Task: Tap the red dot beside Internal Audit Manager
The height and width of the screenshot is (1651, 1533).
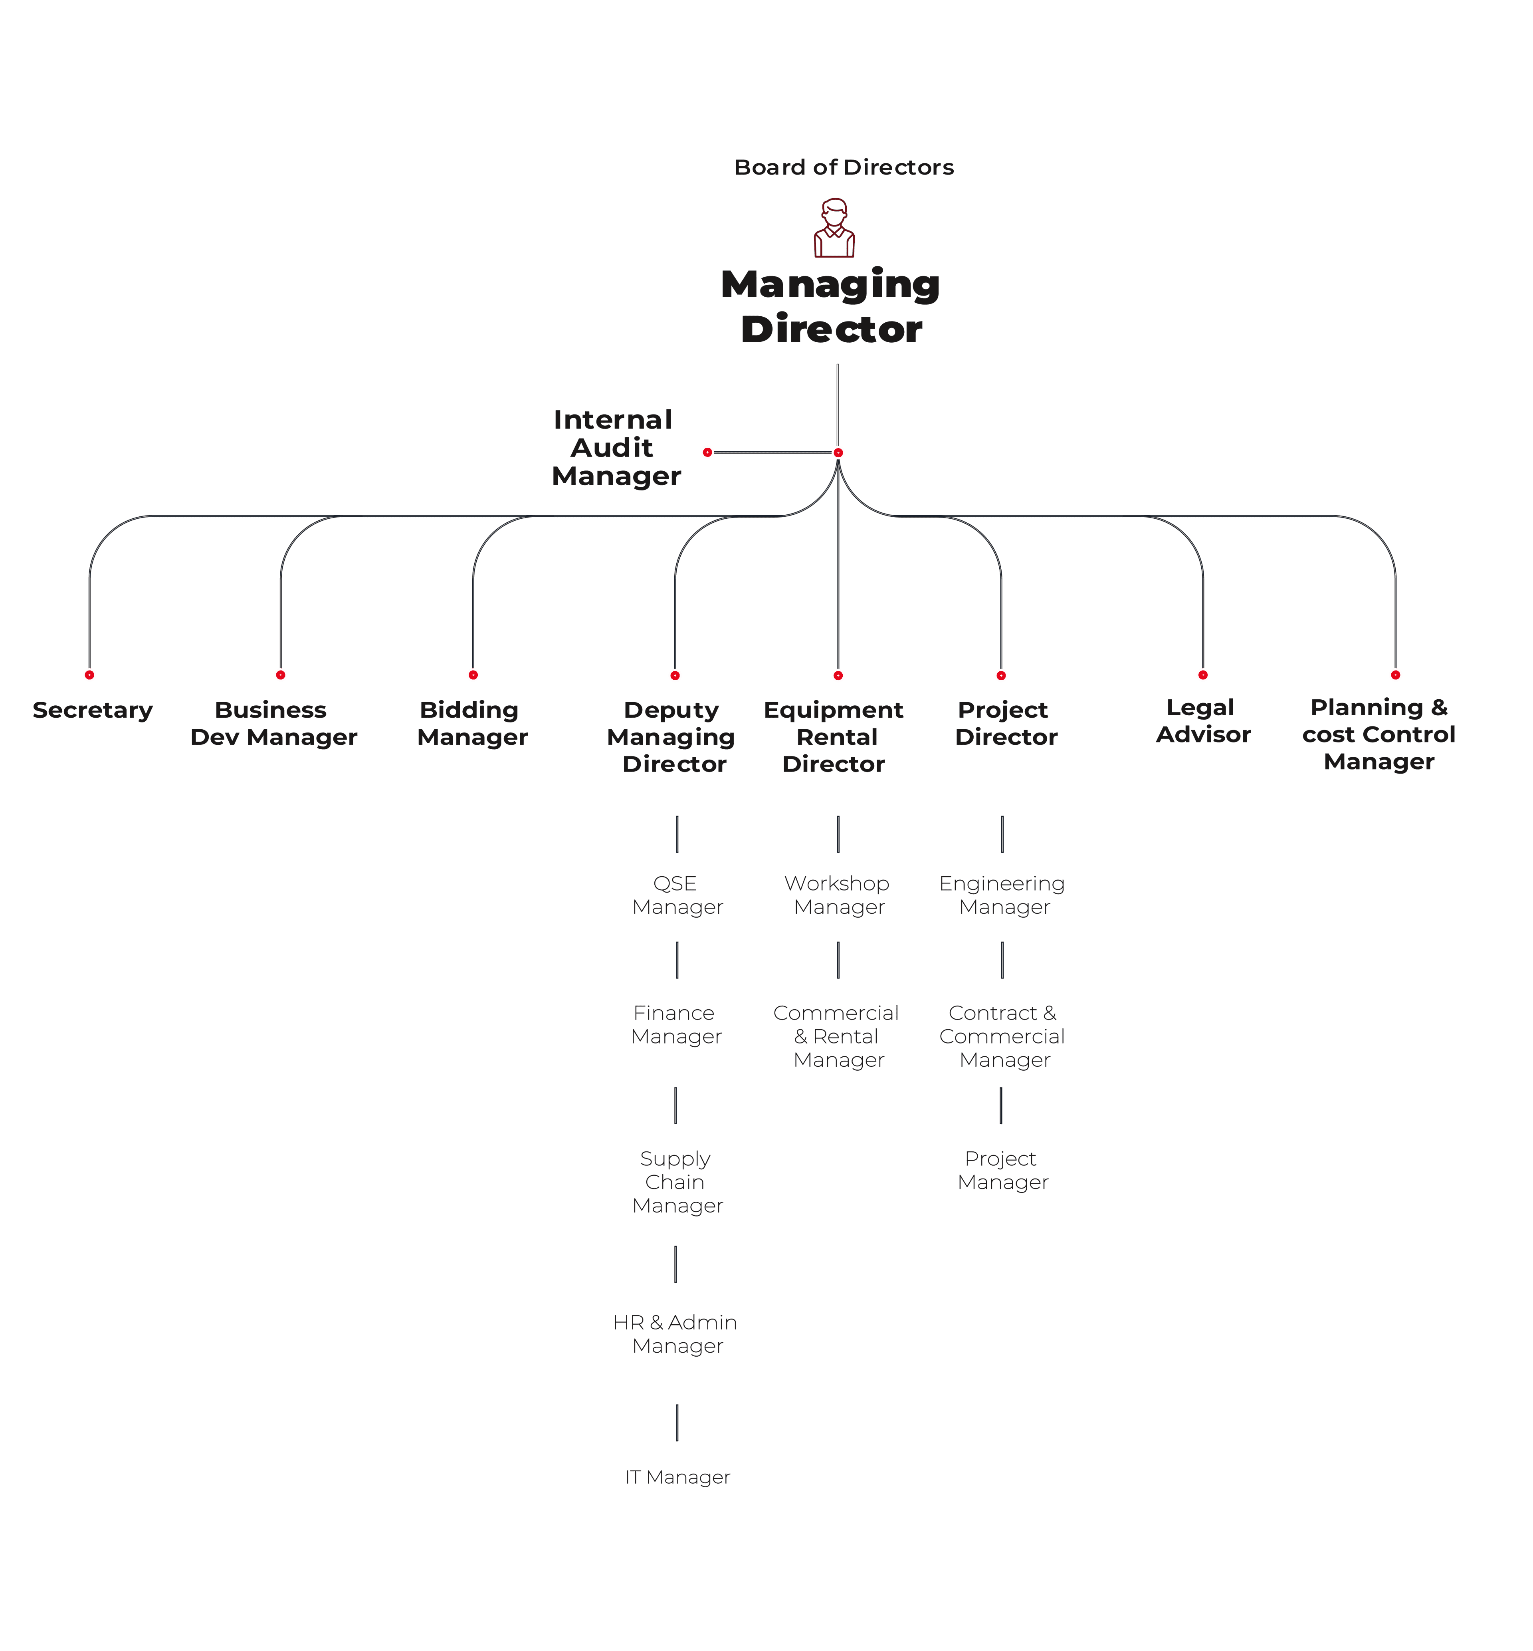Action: pos(707,452)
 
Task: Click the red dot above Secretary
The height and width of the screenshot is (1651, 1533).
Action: pos(89,675)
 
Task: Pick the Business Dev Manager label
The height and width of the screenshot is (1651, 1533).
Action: pos(274,723)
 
